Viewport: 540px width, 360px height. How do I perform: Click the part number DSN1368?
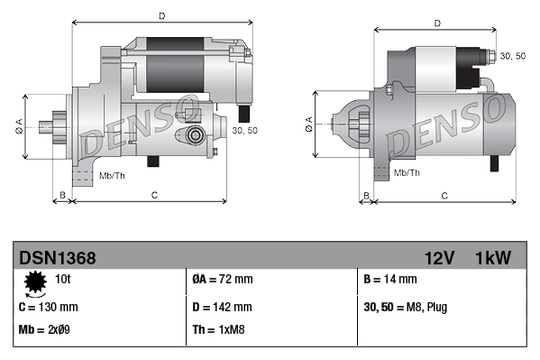coord(57,258)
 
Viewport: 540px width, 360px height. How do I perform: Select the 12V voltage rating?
coord(439,258)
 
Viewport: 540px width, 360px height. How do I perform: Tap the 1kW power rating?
coord(493,258)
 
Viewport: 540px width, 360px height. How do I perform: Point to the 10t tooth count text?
coord(63,281)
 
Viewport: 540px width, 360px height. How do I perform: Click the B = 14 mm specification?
coord(389,281)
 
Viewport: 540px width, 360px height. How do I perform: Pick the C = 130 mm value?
coord(48,306)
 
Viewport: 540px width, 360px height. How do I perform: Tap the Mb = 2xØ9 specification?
coord(44,329)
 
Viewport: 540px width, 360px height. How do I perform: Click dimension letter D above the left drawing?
coord(161,15)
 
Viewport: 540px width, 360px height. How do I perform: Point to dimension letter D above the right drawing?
coord(436,24)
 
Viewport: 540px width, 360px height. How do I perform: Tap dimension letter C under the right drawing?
coord(444,195)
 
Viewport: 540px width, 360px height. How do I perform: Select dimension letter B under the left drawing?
coord(62,195)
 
